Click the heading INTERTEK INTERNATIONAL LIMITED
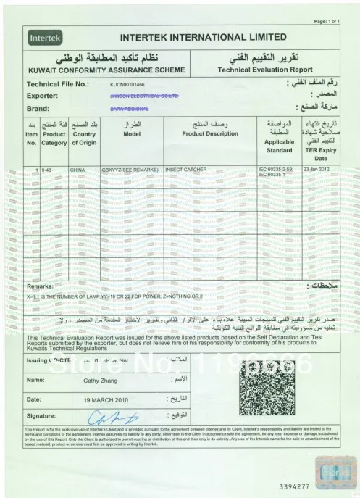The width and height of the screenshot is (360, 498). (x=203, y=36)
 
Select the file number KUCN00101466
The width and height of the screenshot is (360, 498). (x=129, y=86)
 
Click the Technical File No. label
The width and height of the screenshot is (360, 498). (x=57, y=85)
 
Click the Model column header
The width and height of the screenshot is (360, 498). (x=131, y=134)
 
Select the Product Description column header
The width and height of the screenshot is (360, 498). (x=210, y=134)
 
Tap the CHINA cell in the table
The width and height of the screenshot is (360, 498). (x=78, y=169)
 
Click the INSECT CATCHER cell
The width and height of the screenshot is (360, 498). (x=188, y=169)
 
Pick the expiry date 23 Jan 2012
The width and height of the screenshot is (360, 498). (x=318, y=169)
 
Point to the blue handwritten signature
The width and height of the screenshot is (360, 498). (x=107, y=417)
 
